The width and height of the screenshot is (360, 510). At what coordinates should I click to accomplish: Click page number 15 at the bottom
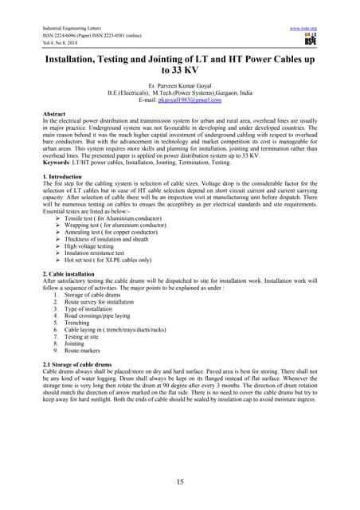tap(180, 482)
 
